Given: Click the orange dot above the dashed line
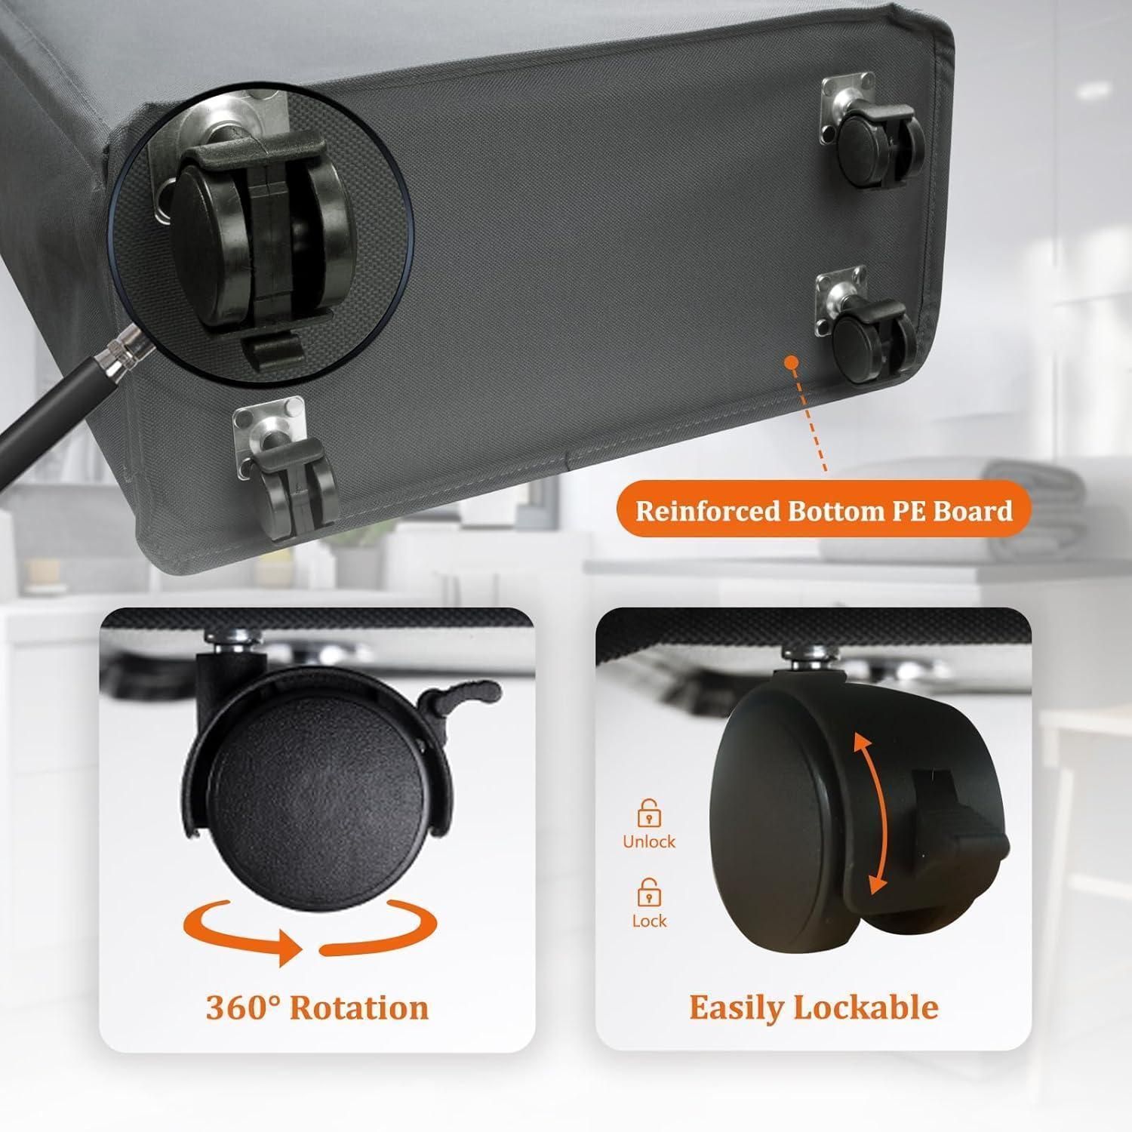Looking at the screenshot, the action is pos(791,363).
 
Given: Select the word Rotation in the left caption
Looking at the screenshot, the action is pos(359,1007).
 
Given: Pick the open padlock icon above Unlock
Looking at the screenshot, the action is pos(649,813).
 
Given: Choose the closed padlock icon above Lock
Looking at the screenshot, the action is pos(649,893).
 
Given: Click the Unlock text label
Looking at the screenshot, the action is pos(649,841).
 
